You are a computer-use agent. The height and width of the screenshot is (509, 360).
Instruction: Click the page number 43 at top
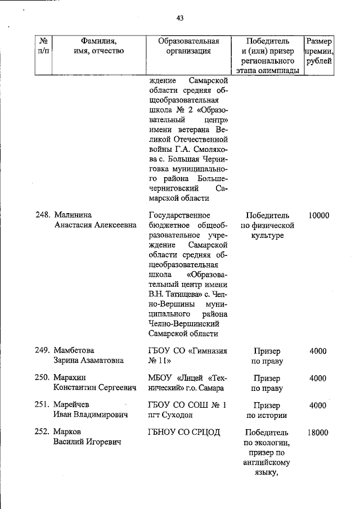tap(180, 18)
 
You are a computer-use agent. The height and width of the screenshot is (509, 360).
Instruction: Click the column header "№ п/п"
tap(43, 46)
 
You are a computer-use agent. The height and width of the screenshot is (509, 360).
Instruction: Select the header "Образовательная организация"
tap(188, 46)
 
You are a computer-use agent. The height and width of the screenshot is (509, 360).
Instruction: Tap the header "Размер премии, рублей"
tap(318, 51)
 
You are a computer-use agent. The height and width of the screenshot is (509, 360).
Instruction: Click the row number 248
tap(43, 215)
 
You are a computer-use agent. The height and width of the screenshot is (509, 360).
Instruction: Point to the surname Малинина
tap(73, 215)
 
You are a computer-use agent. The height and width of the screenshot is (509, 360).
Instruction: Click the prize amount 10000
tap(318, 215)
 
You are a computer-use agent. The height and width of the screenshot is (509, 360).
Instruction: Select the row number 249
tap(43, 350)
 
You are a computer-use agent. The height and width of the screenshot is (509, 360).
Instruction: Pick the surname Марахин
tap(70, 378)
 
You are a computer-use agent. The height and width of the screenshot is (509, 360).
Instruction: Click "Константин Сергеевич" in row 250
tap(94, 388)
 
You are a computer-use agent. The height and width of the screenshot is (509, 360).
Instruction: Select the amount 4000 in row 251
tap(318, 405)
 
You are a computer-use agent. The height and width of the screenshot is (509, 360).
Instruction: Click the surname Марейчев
tap(71, 405)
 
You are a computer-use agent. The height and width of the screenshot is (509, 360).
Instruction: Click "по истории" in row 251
tap(267, 416)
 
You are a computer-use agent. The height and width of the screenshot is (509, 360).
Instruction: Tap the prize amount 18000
tap(318, 433)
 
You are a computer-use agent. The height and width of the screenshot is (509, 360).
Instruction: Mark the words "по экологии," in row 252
tap(267, 443)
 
